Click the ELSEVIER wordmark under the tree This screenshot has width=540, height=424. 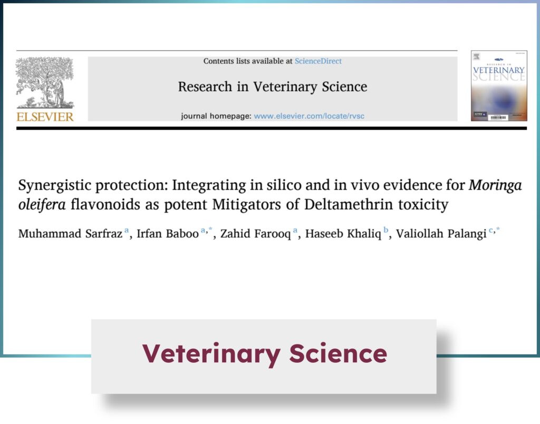[x=45, y=117]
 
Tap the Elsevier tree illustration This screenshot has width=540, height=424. [x=45, y=83]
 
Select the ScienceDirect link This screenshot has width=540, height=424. [x=318, y=61]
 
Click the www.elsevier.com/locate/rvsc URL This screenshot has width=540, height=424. [x=309, y=116]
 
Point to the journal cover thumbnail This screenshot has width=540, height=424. [x=499, y=86]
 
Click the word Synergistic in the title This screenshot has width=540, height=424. [x=54, y=186]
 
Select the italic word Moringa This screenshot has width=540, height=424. [x=495, y=186]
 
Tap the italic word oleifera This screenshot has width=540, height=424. [x=42, y=205]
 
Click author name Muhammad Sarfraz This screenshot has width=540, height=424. [x=70, y=234]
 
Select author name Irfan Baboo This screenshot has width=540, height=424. [x=168, y=234]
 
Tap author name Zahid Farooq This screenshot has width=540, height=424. [x=256, y=234]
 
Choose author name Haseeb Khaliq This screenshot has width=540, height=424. [x=343, y=234]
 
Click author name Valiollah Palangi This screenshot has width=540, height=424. [x=441, y=234]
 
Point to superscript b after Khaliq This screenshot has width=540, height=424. [x=385, y=230]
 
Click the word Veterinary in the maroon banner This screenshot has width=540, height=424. [x=211, y=354]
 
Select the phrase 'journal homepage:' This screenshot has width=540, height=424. [x=216, y=116]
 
